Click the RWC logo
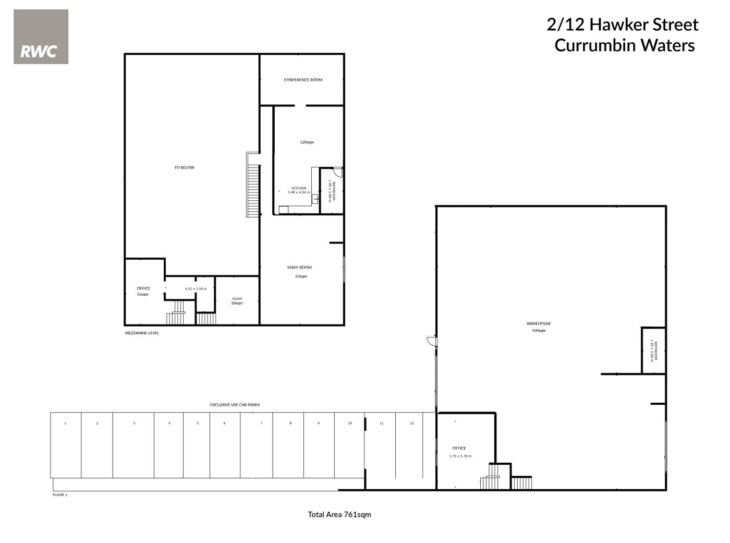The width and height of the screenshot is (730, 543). coord(41,37)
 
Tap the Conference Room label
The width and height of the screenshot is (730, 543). coord(303,80)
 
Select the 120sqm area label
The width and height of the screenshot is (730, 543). coord(307,142)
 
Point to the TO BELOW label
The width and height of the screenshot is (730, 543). coord(184,167)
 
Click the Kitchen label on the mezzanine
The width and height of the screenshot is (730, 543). coord(299,188)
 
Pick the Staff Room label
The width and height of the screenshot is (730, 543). coord(299,268)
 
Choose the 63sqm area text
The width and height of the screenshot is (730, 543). coord(301,276)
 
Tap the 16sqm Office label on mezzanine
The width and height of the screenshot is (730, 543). coord(143,292)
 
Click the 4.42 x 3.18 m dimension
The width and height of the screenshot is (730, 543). coord(196,289)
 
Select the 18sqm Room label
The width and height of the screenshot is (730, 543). coord(237,301)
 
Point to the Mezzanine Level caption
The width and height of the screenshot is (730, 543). coord(142,333)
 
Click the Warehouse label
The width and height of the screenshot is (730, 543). coord(539,324)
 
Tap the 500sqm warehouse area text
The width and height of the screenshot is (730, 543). coord(539,331)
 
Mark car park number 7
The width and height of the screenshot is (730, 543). coord(261,423)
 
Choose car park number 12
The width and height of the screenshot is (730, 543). coord(412,423)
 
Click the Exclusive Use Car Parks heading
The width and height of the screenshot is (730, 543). coord(235,405)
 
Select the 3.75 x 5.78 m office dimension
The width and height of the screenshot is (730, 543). coord(460,456)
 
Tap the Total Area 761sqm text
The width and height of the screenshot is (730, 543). coord(339,515)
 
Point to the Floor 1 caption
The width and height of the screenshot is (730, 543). coord(60,495)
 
